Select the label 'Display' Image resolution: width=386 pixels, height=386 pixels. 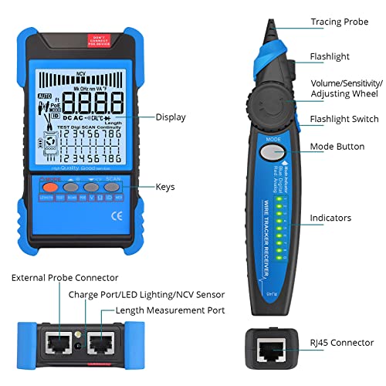171,117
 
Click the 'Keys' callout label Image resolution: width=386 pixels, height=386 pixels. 166,186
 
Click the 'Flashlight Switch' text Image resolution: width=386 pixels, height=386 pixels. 344,119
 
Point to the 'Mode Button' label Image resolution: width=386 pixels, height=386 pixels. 337,146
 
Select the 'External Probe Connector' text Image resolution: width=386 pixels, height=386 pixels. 66,277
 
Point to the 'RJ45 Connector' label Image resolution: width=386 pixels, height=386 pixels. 340,342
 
